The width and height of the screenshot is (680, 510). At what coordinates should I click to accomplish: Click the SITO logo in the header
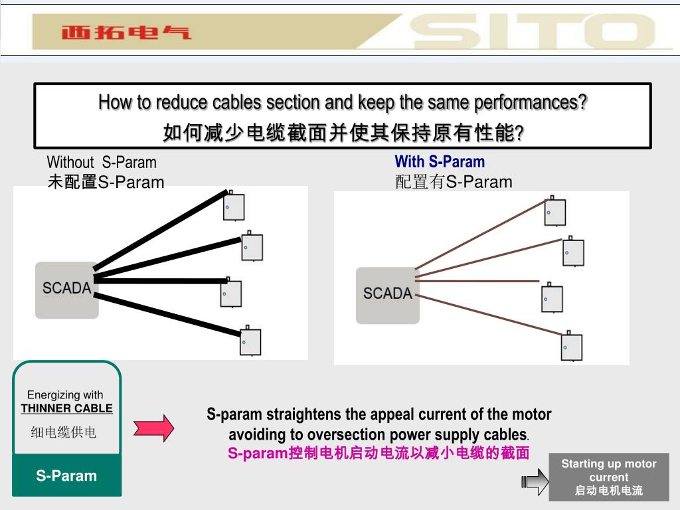(531, 31)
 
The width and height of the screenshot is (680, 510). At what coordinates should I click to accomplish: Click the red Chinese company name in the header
(126, 32)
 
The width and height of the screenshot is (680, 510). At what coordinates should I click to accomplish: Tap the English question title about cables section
(343, 103)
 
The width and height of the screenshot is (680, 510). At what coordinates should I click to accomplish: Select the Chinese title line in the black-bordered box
(343, 133)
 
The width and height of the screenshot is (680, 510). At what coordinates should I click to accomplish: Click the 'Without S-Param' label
(102, 162)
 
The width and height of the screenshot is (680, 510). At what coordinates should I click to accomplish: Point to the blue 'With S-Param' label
(440, 161)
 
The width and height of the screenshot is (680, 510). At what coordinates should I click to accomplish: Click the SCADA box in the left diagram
(66, 290)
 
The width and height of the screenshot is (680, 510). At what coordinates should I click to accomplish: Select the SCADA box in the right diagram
(388, 295)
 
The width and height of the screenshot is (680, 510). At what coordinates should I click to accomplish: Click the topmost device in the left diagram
(233, 206)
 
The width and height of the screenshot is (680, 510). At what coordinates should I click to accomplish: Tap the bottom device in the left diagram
(250, 341)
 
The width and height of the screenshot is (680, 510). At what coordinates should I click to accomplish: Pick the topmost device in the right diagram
(554, 212)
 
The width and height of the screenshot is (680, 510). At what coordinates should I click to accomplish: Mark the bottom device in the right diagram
(571, 347)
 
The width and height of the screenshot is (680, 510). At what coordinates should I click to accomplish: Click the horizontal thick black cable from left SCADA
(159, 281)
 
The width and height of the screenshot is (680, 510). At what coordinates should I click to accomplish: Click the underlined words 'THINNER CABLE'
(66, 408)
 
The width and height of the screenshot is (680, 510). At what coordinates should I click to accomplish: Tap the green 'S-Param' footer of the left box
(66, 475)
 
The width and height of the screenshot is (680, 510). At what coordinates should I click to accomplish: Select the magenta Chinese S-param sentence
(379, 454)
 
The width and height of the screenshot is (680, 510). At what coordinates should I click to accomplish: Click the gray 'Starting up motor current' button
(608, 477)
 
